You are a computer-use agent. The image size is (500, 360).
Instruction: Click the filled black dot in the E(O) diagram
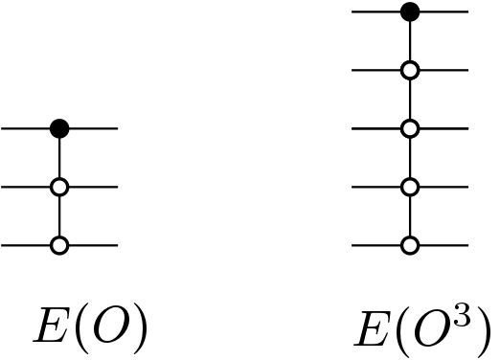pos(59,127)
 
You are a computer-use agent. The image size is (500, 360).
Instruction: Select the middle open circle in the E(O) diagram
pos(59,187)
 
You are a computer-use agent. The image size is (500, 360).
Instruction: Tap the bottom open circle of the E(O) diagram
pos(59,246)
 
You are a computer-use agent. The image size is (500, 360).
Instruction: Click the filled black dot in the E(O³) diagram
pos(410,11)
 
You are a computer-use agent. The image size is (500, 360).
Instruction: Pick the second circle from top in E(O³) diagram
pos(410,70)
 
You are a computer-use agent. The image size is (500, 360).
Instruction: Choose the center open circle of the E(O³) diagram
pos(410,128)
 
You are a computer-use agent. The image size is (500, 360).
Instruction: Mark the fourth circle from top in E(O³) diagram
pos(410,187)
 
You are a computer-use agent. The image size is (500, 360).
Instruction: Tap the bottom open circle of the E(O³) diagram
pos(410,246)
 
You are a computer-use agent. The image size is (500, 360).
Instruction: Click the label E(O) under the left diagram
pos(91,326)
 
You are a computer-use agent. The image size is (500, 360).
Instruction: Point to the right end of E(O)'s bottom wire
pos(115,246)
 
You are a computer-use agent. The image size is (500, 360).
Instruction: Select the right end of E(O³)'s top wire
pos(466,11)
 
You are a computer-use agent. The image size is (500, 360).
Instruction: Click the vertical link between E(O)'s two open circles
pos(59,216)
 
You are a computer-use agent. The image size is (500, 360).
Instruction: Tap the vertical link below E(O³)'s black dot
pos(410,40)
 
